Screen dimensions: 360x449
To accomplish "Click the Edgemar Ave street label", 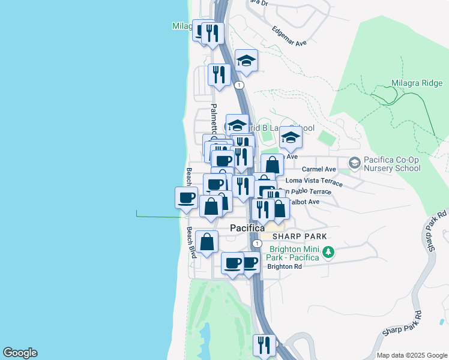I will tap(289, 36).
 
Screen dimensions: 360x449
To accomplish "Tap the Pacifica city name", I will tap(247, 229).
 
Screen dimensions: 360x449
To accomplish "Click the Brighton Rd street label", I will tap(284, 266).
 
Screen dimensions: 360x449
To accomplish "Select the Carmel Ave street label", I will tap(318, 170).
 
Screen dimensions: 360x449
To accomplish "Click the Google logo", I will tap(20, 353).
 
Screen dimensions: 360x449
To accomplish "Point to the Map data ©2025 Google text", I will tap(411, 355).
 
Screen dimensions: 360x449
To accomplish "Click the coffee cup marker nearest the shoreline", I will tap(186, 197).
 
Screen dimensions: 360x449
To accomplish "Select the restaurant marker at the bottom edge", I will tap(264, 344).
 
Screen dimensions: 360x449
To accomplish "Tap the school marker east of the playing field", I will tap(291, 138).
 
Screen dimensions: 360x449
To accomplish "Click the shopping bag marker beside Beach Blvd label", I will tap(206, 242).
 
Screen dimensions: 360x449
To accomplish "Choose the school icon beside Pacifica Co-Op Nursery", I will tap(354, 163).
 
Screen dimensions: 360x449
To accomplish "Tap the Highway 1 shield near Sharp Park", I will tap(256, 244).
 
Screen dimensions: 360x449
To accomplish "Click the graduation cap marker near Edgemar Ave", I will tap(246, 60).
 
